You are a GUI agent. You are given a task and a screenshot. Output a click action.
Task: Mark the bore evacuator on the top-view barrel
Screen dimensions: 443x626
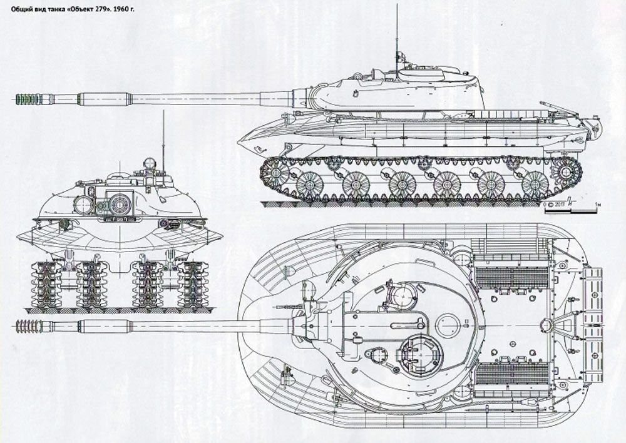(x=104, y=326)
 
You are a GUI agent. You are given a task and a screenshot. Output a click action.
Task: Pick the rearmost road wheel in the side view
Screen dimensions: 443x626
(x=535, y=185)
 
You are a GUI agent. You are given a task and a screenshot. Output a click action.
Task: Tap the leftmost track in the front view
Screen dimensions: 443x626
(x=46, y=284)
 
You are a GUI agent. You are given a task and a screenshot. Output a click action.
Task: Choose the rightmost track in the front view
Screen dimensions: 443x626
(x=193, y=284)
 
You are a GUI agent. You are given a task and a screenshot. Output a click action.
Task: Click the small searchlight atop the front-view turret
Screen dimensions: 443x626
(x=149, y=164)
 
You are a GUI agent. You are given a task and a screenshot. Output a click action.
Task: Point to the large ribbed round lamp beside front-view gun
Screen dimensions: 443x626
(x=120, y=202)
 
